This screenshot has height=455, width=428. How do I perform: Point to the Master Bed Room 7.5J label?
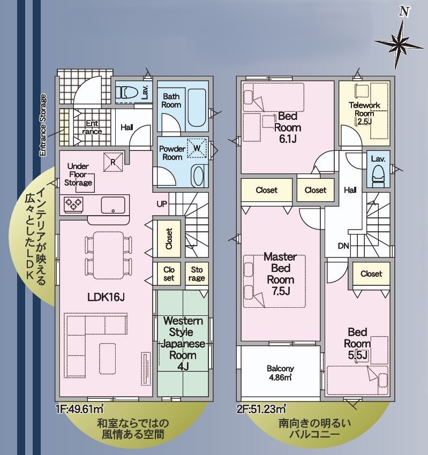pyautogui.click(x=280, y=274)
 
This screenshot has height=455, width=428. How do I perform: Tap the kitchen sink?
pyautogui.click(x=113, y=204)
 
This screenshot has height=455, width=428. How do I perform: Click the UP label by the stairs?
pyautogui.click(x=162, y=204)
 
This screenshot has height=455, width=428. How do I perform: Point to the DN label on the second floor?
pyautogui.click(x=343, y=246)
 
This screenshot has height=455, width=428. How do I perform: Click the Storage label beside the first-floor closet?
pyautogui.click(x=197, y=274)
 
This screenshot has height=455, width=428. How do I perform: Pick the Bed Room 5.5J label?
pyautogui.click(x=357, y=343)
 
